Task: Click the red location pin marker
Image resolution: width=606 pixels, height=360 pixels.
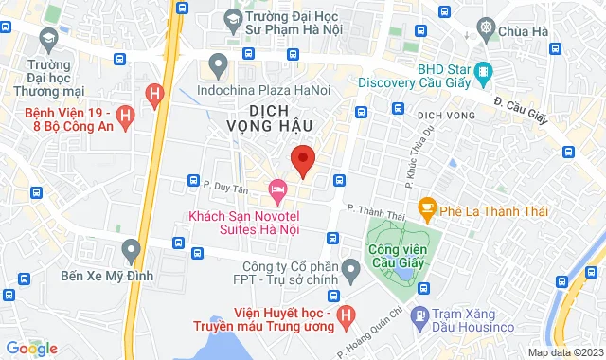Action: coord(303,160)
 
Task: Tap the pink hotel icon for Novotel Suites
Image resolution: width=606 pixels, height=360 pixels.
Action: coord(278,190)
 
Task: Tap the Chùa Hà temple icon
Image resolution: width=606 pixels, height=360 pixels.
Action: coord(487,29)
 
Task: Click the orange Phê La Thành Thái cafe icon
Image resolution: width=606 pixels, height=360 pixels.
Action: coord(427,206)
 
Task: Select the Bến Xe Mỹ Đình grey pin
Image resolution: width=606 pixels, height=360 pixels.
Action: coord(132,251)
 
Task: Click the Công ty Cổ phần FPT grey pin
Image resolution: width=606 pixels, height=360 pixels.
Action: coord(350,273)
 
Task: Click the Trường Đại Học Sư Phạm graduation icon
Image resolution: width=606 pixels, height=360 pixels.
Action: coord(232,18)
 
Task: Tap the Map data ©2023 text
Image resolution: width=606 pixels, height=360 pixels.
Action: coord(565,352)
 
